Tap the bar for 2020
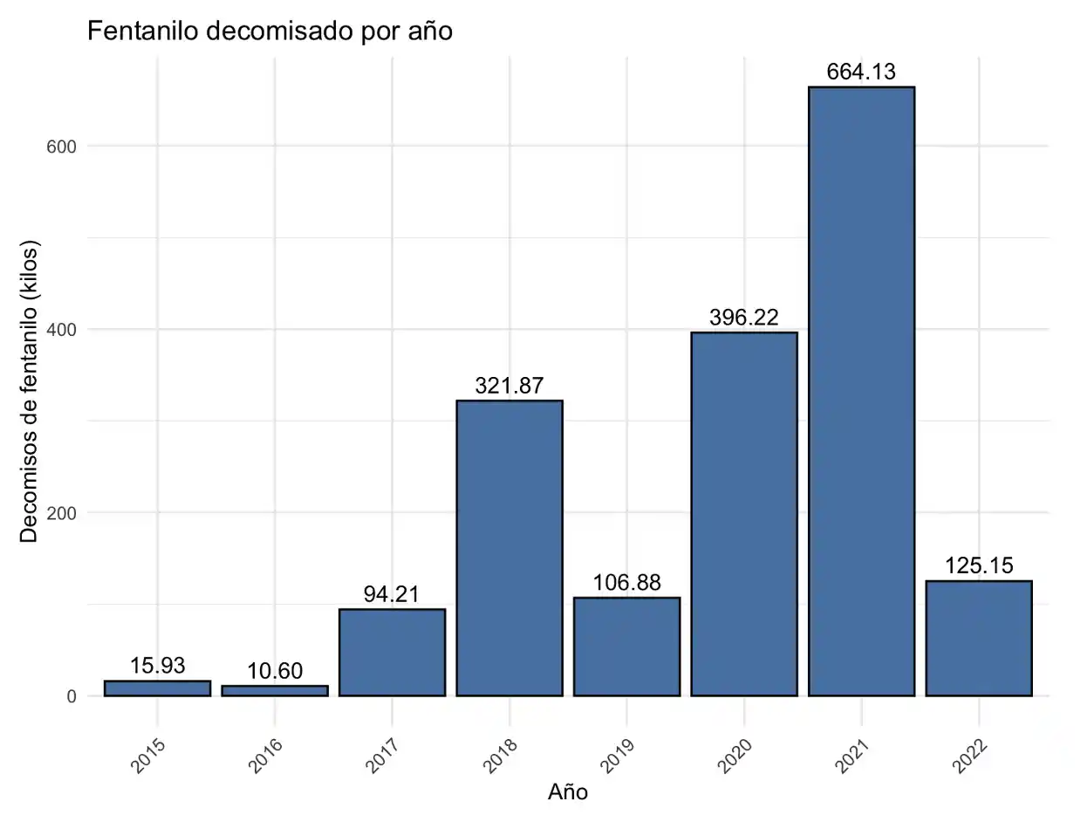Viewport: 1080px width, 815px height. tap(744, 514)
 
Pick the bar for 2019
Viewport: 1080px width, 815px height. tap(626, 647)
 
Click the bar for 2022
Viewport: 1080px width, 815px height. tap(979, 638)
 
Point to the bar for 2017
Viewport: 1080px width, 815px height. tap(392, 652)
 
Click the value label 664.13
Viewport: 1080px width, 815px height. tap(861, 72)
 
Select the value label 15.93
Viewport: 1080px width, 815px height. tap(158, 666)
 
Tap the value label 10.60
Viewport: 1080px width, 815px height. tap(275, 671)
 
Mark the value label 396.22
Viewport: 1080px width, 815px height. tap(744, 318)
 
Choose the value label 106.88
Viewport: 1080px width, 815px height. tap(626, 583)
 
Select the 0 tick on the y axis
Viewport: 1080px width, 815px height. tap(71, 696)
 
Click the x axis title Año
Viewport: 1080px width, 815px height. tap(568, 792)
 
